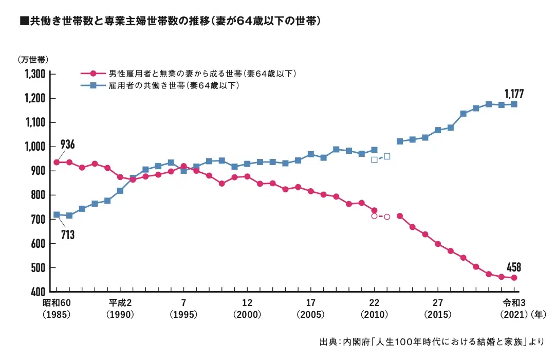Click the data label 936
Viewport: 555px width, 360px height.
[68, 145]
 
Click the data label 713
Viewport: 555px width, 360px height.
[68, 235]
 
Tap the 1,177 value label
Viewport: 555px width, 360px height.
[514, 94]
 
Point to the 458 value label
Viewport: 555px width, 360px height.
[514, 267]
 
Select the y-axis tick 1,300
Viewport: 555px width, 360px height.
[35, 74]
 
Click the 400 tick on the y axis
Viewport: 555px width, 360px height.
[38, 292]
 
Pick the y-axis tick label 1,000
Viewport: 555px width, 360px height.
[35, 147]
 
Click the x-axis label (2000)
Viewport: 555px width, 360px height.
[247, 314]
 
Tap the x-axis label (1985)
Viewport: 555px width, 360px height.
[57, 314]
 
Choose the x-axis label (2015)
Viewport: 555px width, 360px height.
[438, 314]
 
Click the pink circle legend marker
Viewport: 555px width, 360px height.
[93, 74]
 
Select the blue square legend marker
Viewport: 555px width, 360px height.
[93, 85]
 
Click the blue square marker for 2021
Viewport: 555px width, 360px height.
[514, 104]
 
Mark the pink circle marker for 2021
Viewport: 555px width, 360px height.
[514, 278]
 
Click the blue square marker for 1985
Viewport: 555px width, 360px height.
[57, 215]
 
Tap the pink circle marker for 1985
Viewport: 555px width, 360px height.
[57, 163]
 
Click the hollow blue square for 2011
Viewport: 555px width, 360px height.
[387, 156]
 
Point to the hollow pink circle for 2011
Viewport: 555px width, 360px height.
[387, 217]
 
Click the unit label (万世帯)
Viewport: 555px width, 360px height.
[33, 60]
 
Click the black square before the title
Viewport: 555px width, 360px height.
[25, 21]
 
